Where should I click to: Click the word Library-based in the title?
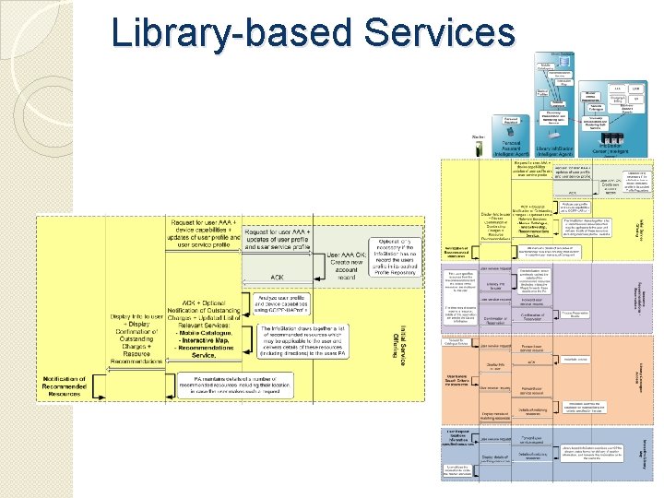click(x=231, y=34)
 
